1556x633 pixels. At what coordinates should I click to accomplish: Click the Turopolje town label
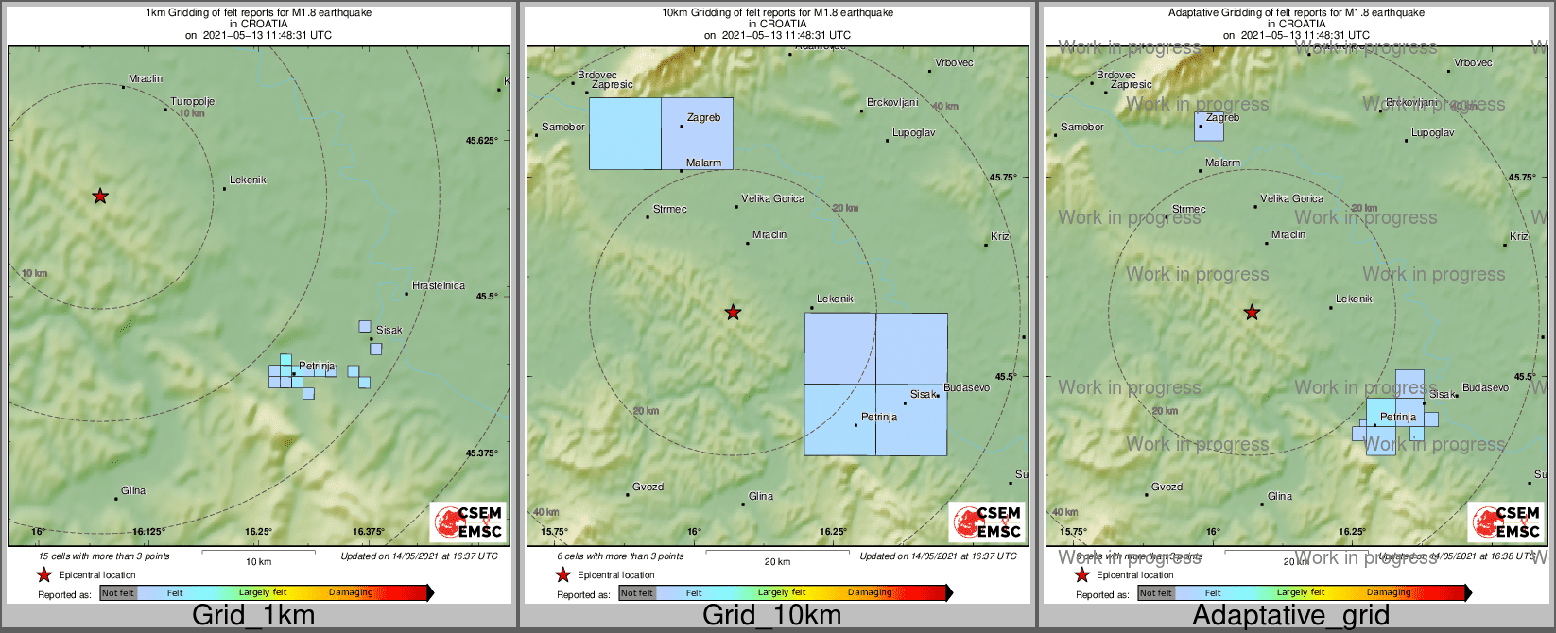[193, 102]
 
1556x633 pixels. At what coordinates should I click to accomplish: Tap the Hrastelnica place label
[439, 285]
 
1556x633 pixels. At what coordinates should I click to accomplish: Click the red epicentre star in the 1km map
[100, 197]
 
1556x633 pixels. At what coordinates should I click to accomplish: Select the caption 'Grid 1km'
[253, 616]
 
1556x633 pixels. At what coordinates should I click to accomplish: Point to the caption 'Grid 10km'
[771, 616]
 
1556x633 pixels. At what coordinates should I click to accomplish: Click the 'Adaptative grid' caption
[1290, 616]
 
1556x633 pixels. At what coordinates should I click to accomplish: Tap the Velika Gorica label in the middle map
[772, 198]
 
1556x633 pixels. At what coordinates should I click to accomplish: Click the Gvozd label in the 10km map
[648, 488]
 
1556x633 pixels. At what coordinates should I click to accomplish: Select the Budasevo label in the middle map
[966, 387]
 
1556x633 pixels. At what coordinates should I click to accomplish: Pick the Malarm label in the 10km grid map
[703, 163]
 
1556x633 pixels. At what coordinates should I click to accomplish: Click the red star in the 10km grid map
[733, 313]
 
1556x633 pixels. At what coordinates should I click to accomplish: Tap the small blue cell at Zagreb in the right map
[1208, 128]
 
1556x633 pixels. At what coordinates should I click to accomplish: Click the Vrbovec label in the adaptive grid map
[1473, 62]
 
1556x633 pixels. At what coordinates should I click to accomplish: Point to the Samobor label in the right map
[1081, 127]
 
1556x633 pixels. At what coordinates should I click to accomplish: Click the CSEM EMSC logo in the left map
[467, 522]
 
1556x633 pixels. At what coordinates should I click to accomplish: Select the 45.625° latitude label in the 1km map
[481, 141]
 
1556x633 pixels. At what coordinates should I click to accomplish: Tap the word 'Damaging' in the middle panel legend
[870, 592]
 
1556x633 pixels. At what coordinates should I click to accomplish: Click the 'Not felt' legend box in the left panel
[118, 593]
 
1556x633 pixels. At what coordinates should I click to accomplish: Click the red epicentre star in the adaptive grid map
[1252, 313]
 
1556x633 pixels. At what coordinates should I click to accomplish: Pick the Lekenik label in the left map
[248, 180]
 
